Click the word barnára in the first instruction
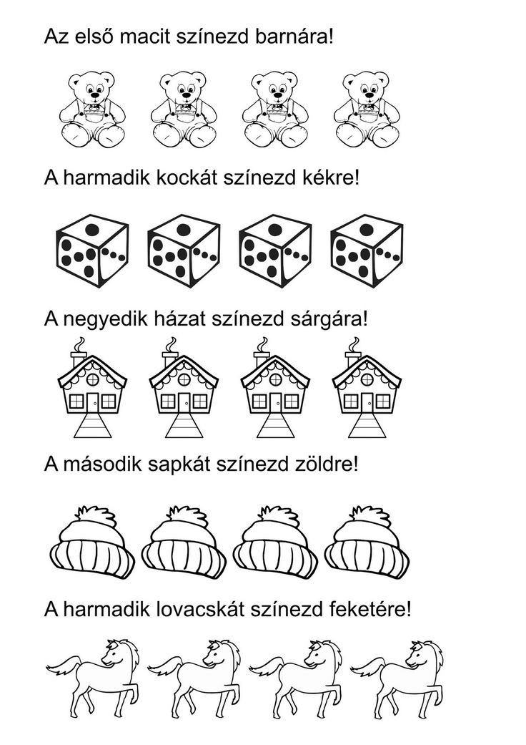click(291, 36)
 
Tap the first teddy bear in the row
click(92, 109)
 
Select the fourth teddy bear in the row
click(367, 109)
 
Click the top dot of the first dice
click(92, 230)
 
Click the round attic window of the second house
click(184, 379)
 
